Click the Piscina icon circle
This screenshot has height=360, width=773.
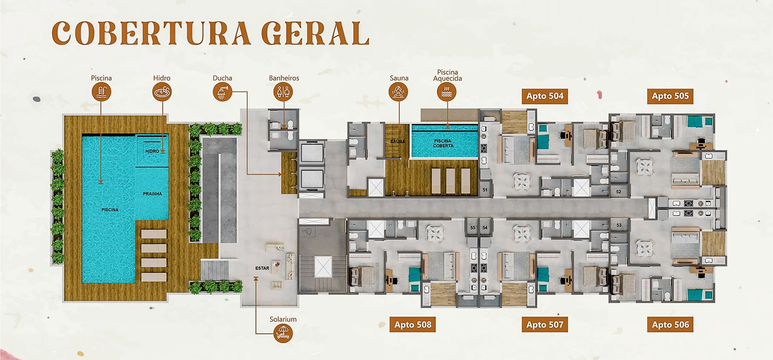pos(101,92)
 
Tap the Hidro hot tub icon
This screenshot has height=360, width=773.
pos(162,92)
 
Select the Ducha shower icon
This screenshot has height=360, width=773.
pos(222,92)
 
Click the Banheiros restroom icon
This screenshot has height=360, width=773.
pos(283,92)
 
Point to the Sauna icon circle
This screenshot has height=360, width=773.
pos(399,92)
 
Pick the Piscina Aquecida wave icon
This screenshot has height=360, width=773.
pos(447,92)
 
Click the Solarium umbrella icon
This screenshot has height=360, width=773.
pos(283,333)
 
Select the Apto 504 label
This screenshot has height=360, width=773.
pos(545,96)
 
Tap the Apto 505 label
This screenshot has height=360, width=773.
pos(670,96)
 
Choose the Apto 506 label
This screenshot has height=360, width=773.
pos(670,325)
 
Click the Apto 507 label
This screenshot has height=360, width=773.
pos(545,325)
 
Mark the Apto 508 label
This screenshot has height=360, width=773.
pos(413,325)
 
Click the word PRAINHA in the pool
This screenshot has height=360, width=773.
pos(152,194)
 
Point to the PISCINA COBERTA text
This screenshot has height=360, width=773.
pos(443,143)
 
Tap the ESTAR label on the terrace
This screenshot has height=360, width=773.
pos(262,268)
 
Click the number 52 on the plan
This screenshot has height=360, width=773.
pos(618,192)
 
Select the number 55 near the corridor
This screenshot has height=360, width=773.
pos(472,228)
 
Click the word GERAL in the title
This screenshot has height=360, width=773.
pos(315,33)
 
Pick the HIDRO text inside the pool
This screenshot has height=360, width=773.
pos(152,151)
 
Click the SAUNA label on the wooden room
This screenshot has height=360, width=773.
pos(397,141)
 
